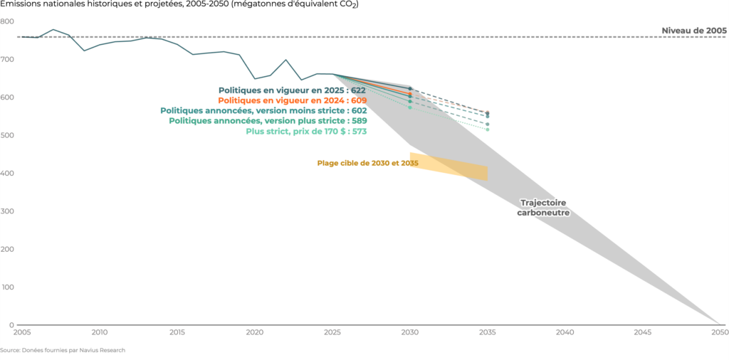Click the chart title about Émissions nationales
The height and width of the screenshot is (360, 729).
[179, 5]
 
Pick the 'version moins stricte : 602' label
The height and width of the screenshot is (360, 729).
[263, 111]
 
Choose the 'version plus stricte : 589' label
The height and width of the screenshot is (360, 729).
[268, 121]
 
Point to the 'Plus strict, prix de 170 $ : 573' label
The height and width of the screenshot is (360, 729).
[306, 132]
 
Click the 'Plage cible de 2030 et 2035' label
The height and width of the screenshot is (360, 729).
[367, 163]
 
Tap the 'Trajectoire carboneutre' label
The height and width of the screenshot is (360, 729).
[543, 207]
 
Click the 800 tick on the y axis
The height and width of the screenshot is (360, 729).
[7, 21]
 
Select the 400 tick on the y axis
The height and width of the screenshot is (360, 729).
[7, 174]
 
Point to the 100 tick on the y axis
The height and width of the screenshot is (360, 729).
[7, 287]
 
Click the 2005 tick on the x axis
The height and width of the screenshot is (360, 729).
[22, 332]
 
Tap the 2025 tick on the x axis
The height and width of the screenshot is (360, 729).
[332, 332]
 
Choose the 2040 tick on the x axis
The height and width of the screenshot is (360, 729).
[565, 332]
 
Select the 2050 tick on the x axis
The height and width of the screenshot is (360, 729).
[719, 332]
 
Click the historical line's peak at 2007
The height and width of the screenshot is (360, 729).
[53, 30]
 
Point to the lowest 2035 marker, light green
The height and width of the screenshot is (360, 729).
[488, 129]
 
